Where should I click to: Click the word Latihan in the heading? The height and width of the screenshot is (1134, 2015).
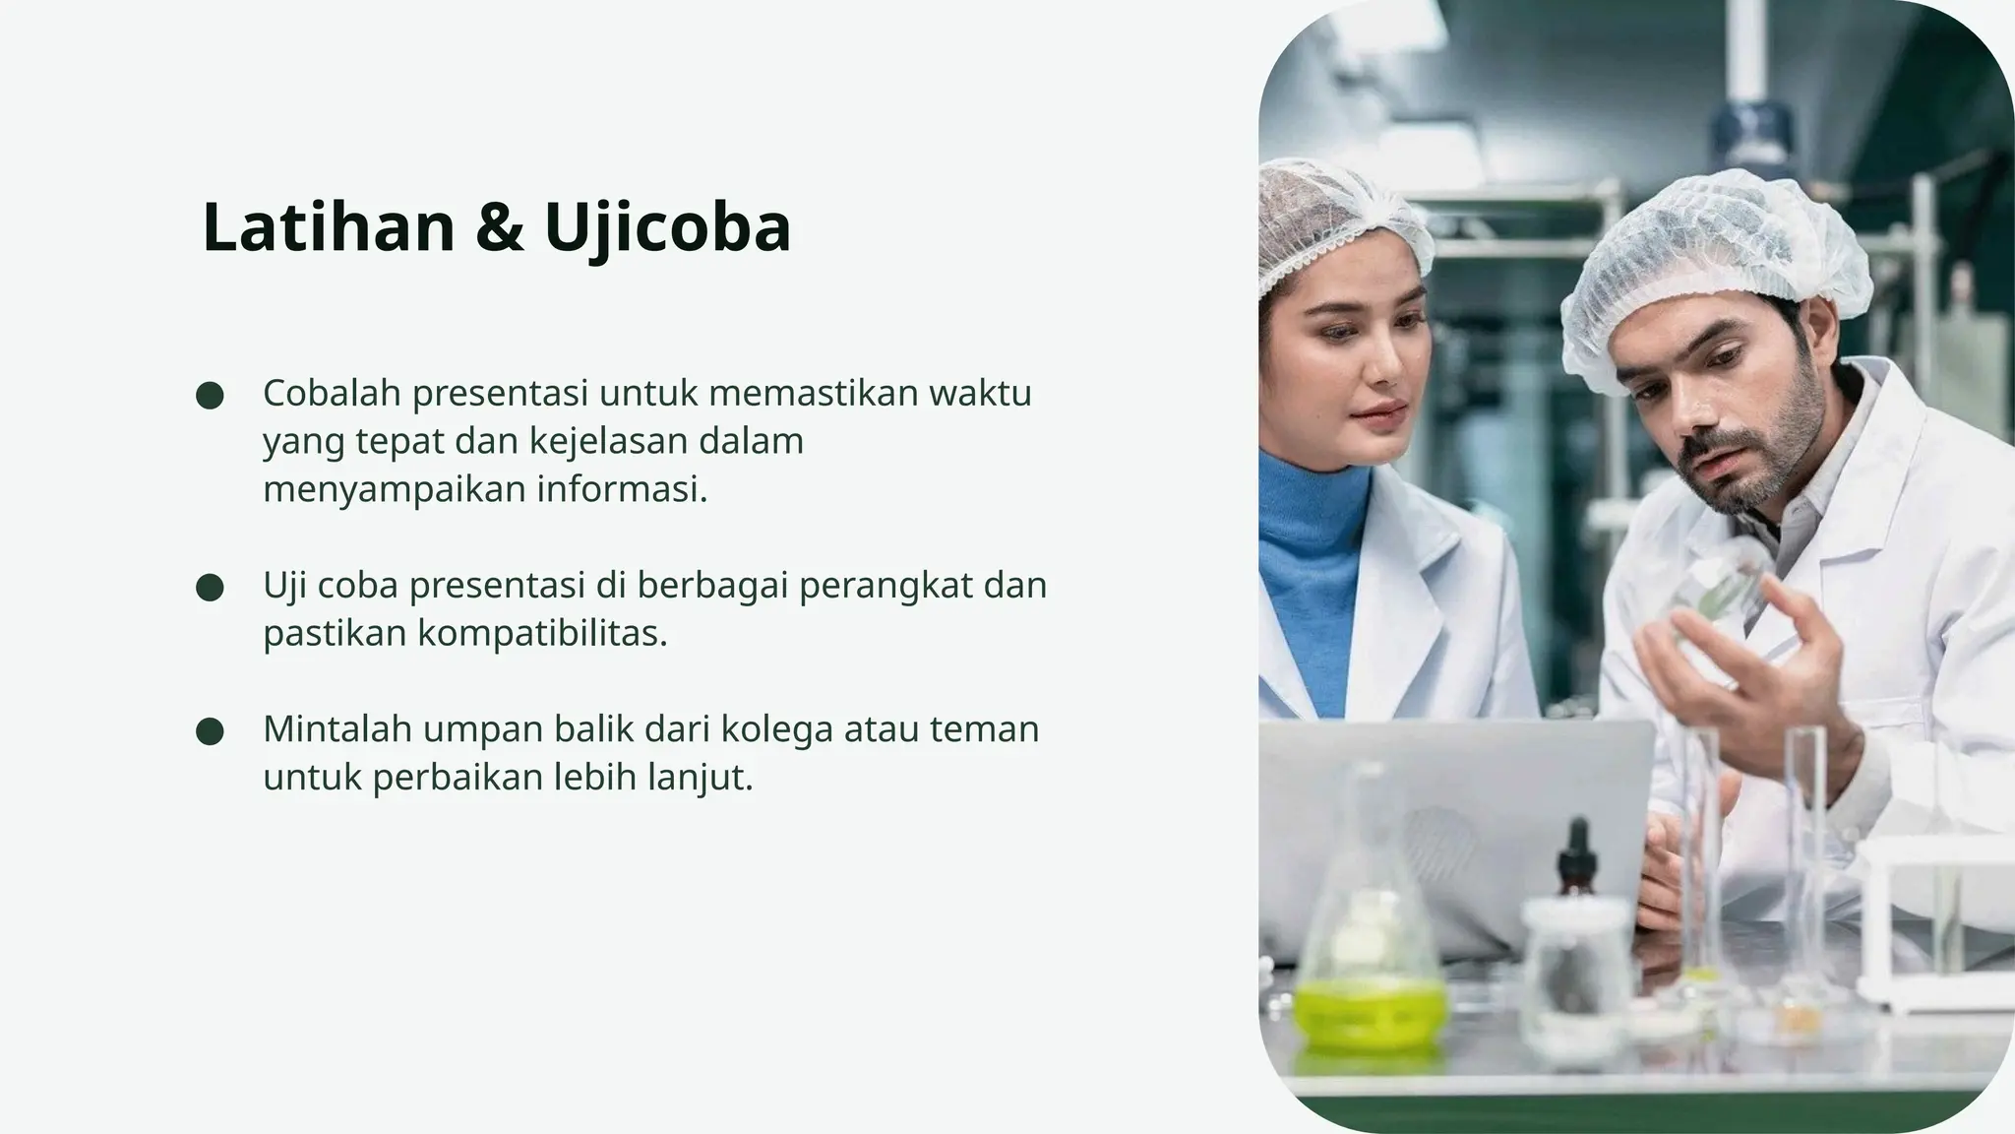(x=328, y=227)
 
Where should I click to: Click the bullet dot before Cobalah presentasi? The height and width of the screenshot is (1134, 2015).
(x=210, y=396)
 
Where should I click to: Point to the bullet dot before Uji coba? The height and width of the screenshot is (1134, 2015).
(x=210, y=588)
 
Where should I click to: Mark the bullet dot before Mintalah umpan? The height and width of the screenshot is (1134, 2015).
(x=210, y=731)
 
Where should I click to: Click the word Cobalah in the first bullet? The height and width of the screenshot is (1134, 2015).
(x=332, y=393)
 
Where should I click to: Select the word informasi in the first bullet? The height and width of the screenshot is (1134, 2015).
(x=621, y=488)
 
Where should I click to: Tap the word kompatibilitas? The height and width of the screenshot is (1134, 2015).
(x=541, y=633)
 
